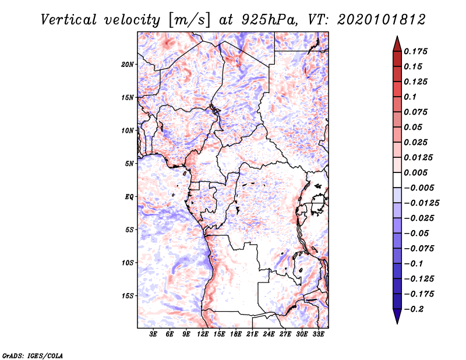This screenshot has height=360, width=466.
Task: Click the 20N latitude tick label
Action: (128, 64)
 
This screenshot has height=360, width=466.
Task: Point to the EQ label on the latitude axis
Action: (129, 196)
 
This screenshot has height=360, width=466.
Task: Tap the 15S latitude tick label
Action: (128, 295)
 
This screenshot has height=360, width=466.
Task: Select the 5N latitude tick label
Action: (129, 163)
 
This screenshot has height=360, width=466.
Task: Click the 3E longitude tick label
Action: (154, 334)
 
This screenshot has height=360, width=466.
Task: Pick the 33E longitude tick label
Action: (319, 334)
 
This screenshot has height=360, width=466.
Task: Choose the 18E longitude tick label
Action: (236, 334)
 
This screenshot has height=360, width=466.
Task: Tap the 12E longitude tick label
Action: (203, 334)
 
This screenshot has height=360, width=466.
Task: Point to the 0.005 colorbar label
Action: (416, 172)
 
